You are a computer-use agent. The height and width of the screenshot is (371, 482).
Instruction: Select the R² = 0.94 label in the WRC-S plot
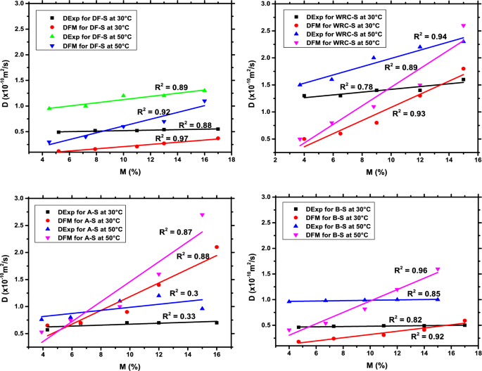click(x=431, y=34)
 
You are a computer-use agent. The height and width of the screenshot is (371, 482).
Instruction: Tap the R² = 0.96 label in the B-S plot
click(x=412, y=270)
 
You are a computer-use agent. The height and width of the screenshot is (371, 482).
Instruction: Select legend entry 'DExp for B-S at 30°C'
click(x=334, y=209)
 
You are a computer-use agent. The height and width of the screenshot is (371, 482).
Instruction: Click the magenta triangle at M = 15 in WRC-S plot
click(x=463, y=26)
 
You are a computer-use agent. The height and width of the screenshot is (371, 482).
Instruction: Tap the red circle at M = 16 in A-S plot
click(x=217, y=247)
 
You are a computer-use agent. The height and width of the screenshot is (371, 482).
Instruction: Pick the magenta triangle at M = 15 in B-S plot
click(x=437, y=269)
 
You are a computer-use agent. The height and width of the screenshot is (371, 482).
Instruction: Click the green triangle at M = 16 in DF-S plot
click(x=205, y=90)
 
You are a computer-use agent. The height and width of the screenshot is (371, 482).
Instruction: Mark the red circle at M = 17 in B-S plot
click(x=464, y=320)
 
